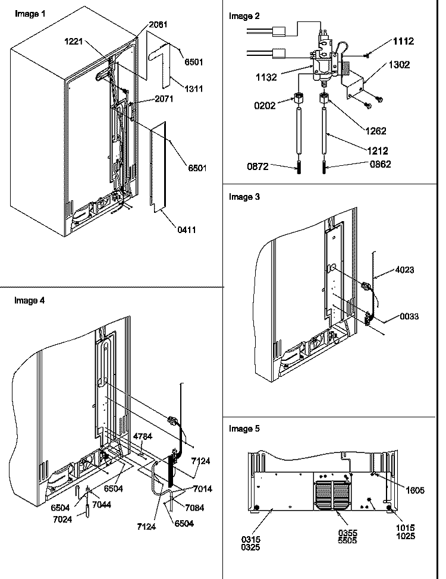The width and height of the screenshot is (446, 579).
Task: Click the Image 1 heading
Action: click(x=30, y=14)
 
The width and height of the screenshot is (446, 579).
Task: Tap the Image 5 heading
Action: click(x=244, y=429)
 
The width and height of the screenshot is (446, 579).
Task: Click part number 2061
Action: click(x=158, y=24)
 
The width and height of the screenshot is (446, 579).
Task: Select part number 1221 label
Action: click(x=74, y=42)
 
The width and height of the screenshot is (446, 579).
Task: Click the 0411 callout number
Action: click(x=187, y=229)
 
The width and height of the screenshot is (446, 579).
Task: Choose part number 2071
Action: click(x=164, y=99)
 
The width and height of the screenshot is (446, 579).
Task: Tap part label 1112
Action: click(x=404, y=41)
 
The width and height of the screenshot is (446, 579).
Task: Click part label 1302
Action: click(x=399, y=65)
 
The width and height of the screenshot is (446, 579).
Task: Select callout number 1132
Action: click(x=266, y=77)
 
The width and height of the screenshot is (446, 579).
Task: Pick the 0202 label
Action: click(x=265, y=106)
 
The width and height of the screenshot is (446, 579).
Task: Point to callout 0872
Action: click(x=257, y=166)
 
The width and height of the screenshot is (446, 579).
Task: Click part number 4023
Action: click(x=404, y=270)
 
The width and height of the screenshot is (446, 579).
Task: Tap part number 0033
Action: click(x=409, y=316)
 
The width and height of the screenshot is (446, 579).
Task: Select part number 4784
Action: click(x=143, y=436)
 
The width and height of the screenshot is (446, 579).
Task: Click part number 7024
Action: click(x=62, y=519)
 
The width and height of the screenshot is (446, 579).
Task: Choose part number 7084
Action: click(x=194, y=508)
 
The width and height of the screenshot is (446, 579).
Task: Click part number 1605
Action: click(x=415, y=490)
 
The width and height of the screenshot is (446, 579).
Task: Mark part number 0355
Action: click(x=347, y=533)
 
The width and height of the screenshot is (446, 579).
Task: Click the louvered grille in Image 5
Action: click(x=333, y=495)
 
